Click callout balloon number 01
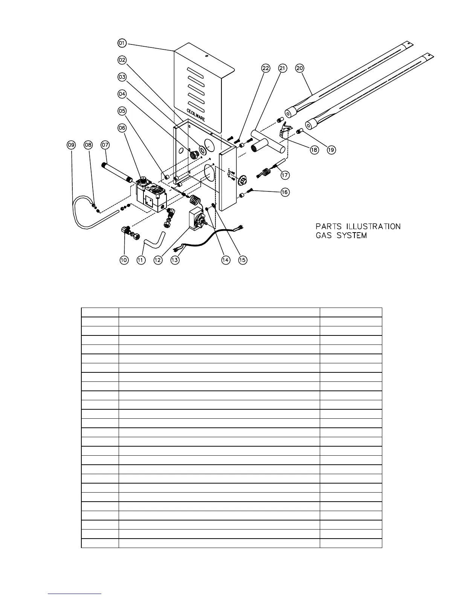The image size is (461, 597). click(x=121, y=43)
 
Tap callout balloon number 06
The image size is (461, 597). click(x=121, y=128)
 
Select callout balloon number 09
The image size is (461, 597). click(x=71, y=144)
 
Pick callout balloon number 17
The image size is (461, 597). click(x=285, y=175)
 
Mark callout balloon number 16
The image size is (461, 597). click(x=285, y=192)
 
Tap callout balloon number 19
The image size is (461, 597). click(x=331, y=150)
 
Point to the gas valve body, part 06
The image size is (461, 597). click(x=151, y=194)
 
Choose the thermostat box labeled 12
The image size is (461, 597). click(x=196, y=222)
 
